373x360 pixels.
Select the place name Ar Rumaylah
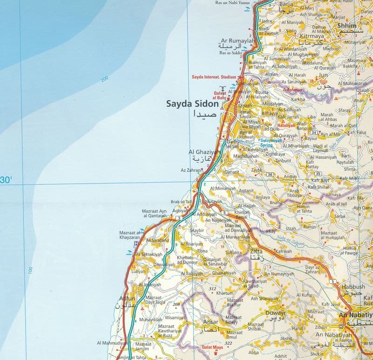click(238, 41)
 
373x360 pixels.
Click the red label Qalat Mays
click(211, 347)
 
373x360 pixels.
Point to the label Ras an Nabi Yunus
click(236, 3)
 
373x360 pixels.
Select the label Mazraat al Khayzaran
click(130, 235)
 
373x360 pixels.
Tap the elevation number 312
click(213, 289)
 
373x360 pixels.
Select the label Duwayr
click(275, 313)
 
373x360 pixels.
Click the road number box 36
click(270, 174)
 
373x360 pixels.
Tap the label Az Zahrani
click(190, 171)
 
